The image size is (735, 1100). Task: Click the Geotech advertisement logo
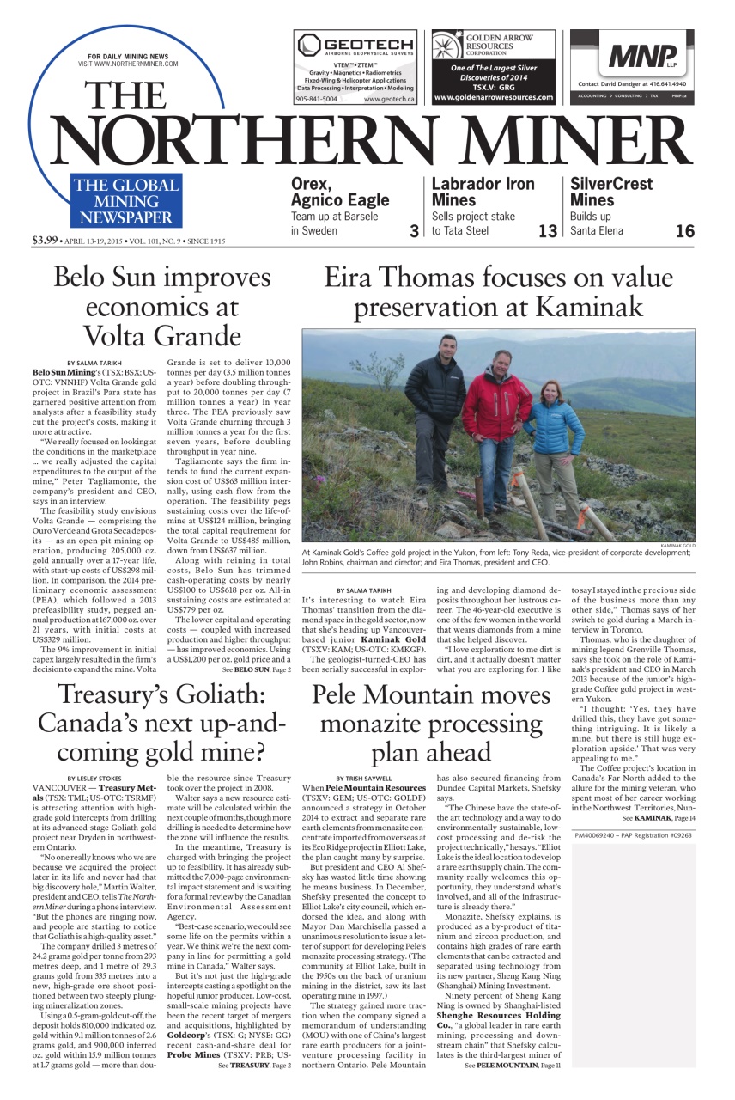(355, 46)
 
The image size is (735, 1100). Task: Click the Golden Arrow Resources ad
(493, 67)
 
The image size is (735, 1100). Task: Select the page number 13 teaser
(547, 230)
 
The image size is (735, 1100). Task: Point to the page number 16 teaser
(684, 230)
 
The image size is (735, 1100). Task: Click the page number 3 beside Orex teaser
(414, 230)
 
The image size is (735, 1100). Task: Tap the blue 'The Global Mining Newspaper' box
(125, 201)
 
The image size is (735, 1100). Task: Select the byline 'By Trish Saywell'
(364, 779)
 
